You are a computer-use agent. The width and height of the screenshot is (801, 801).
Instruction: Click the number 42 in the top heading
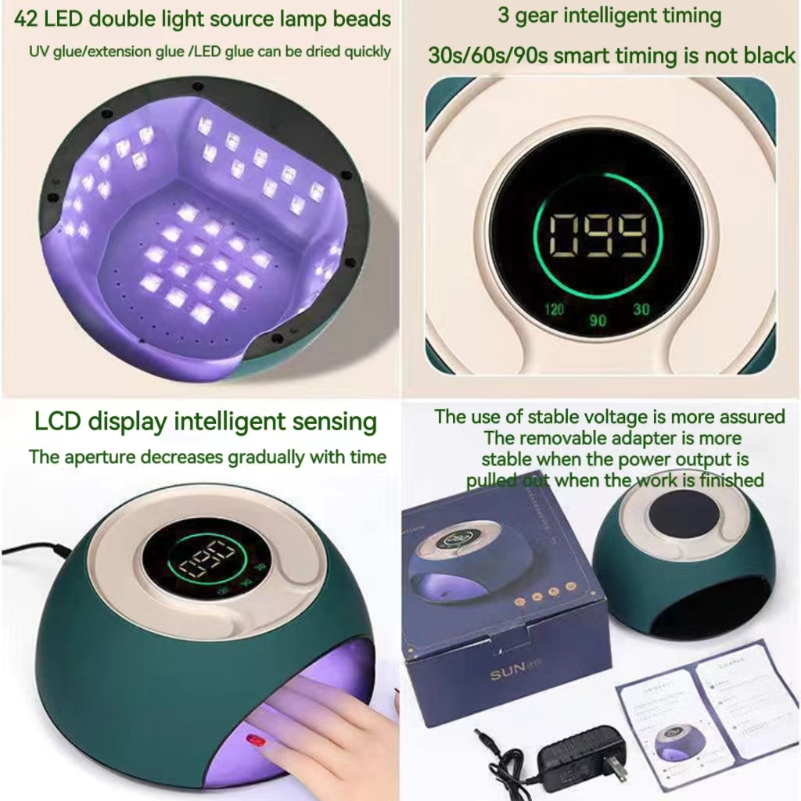pyautogui.click(x=26, y=19)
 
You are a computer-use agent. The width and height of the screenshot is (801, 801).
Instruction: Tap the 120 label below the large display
pyautogui.click(x=554, y=309)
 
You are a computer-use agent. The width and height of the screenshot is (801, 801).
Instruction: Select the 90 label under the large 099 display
pyautogui.click(x=598, y=321)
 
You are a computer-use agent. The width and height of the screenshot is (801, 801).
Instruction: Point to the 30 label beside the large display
pyautogui.click(x=641, y=309)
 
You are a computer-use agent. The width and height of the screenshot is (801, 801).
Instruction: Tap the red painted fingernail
pyautogui.click(x=256, y=738)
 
